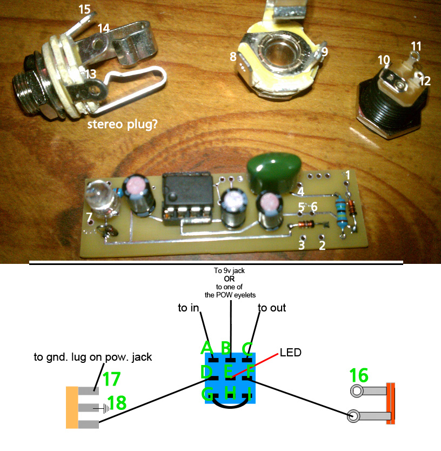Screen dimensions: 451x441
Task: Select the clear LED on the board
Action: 101,194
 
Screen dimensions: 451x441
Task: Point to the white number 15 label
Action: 85,9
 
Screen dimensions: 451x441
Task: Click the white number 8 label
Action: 233,56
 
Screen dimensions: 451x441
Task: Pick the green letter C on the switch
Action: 247,348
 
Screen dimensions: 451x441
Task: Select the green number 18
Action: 117,402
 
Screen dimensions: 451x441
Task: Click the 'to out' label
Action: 271,308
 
